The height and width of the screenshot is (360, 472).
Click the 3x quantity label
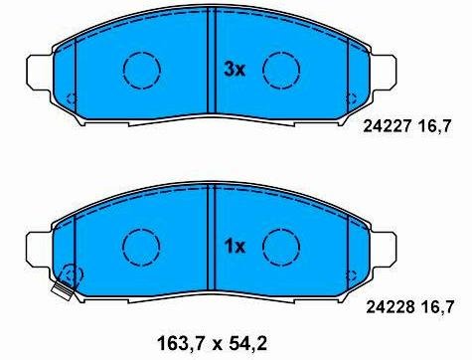[235, 70]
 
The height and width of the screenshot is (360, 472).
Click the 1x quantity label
[235, 247]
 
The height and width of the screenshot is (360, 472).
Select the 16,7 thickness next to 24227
[435, 126]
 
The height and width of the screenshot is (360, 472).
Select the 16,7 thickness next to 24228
[437, 307]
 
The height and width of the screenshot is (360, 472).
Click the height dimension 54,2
[247, 344]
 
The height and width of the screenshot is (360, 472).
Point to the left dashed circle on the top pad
[141, 52]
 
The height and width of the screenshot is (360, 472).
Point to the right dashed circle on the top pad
[281, 52]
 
